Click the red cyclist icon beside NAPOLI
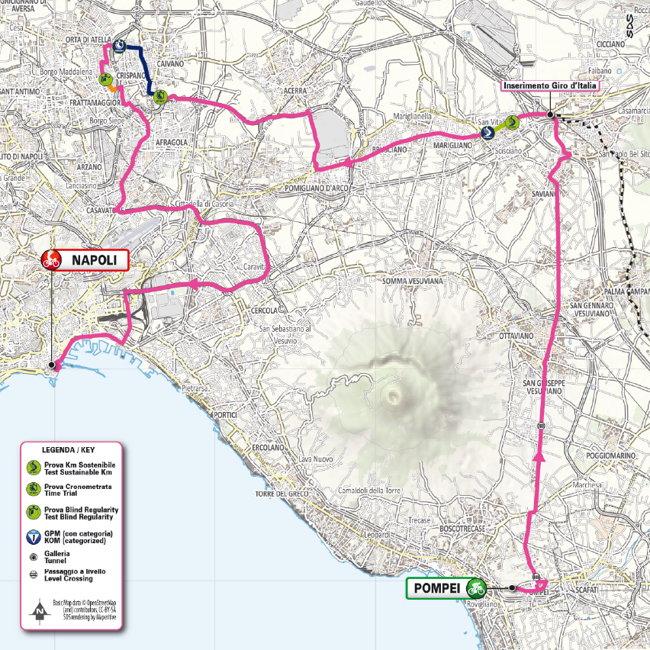(x=51, y=259)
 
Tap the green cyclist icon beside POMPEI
(x=478, y=588)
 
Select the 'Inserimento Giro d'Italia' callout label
(x=549, y=86)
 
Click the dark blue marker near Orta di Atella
(x=119, y=47)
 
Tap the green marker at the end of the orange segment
(x=105, y=79)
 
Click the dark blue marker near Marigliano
(x=487, y=132)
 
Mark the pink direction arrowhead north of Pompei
(x=540, y=456)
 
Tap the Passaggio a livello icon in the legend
(x=33, y=574)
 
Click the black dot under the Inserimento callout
(x=550, y=114)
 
